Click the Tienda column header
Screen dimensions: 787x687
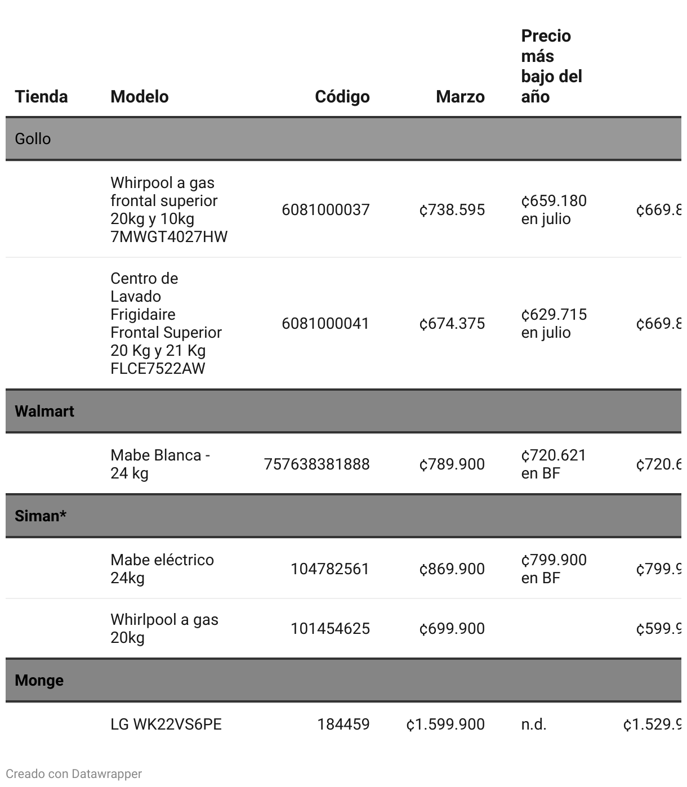coord(41,96)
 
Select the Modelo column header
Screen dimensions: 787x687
coord(139,96)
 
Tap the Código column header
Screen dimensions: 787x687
coord(342,96)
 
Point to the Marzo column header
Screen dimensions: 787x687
coord(460,96)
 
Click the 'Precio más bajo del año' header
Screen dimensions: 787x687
coord(551,66)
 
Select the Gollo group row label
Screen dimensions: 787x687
coord(33,138)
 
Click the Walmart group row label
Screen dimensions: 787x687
coord(44,411)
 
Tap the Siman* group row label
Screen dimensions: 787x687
coord(41,516)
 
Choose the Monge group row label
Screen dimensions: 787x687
coord(39,680)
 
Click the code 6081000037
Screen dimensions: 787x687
coord(325,209)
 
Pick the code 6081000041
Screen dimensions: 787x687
coord(325,323)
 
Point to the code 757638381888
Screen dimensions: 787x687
coord(316,464)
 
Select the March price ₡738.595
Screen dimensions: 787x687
coord(452,209)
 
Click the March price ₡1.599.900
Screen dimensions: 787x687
coord(445,724)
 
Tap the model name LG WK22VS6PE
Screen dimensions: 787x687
coord(166,724)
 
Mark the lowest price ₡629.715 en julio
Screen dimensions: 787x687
coord(554,323)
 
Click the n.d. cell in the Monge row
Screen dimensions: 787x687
coord(533,724)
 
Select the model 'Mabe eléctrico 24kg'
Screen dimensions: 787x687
coord(162,569)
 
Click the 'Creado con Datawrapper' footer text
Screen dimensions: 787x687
coord(74,773)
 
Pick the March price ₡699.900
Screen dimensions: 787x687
coord(452,628)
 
